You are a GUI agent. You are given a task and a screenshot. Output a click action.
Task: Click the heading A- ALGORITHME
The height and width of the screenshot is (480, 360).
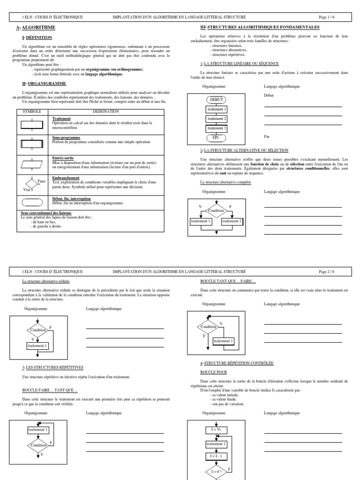tap(36, 28)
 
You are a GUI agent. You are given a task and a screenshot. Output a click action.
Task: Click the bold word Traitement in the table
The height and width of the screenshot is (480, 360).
tap(62, 119)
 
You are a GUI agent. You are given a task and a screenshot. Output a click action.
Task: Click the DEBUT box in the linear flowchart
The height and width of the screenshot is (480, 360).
tap(216, 100)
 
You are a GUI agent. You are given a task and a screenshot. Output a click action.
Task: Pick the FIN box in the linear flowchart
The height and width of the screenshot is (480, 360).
tap(216, 138)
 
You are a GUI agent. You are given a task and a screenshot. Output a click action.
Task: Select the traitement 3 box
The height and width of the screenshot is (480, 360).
tap(216, 128)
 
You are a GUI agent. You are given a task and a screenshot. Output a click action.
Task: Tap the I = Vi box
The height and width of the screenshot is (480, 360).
tap(216, 429)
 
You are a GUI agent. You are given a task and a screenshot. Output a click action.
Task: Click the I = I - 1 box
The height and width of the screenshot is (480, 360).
tap(216, 455)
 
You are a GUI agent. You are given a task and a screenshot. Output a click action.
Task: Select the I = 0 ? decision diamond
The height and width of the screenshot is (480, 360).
tap(216, 471)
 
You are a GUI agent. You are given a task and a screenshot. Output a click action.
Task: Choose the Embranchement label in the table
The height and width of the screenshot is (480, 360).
tap(66, 178)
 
